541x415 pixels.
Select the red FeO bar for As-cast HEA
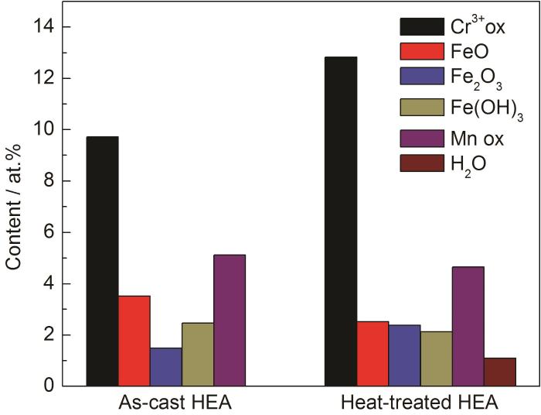134,341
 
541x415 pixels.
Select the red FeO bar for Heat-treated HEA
373,353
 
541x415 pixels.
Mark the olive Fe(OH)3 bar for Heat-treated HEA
436,358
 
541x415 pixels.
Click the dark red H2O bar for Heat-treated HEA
499,372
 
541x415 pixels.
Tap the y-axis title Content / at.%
15,205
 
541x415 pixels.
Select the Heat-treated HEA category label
420,403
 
